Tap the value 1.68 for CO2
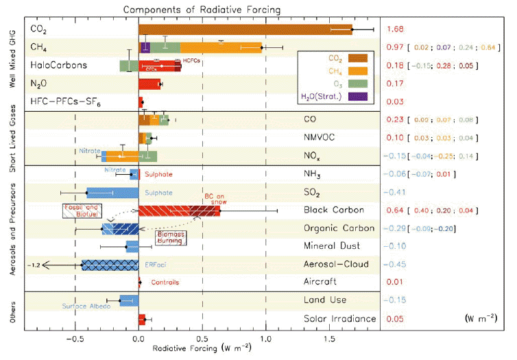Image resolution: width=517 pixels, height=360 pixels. (394, 29)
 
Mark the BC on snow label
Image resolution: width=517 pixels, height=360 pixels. (215, 198)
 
